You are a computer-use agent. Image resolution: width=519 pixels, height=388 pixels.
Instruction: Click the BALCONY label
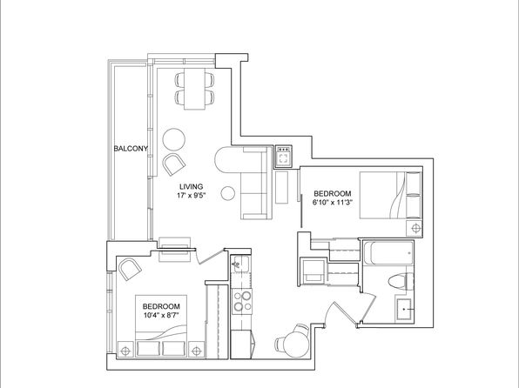click(131, 149)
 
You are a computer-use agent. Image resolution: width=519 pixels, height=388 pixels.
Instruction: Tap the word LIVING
click(191, 186)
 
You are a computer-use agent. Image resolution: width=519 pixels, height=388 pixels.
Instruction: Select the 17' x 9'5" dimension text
click(192, 196)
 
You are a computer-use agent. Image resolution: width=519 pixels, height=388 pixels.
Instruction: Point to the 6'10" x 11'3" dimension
click(332, 202)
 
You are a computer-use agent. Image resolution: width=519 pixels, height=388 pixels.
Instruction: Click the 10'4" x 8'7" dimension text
click(161, 315)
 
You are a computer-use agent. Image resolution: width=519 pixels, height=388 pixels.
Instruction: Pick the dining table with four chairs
click(194, 89)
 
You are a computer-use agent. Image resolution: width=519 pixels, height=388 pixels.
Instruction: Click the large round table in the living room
click(174, 139)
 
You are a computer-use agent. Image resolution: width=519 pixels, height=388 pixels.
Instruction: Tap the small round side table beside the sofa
click(228, 193)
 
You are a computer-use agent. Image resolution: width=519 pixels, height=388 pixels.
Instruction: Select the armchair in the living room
click(174, 164)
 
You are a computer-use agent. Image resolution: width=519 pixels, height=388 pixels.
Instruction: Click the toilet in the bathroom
click(401, 282)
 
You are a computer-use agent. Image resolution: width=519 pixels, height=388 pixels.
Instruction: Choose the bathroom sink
click(404, 310)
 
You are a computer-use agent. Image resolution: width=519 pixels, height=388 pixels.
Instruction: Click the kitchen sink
click(240, 264)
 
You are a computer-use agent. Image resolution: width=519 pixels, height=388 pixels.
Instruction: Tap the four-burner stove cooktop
click(241, 301)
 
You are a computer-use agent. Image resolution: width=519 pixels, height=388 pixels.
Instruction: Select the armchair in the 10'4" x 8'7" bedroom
click(130, 269)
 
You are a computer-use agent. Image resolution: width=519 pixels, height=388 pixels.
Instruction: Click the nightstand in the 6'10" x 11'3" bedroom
click(415, 229)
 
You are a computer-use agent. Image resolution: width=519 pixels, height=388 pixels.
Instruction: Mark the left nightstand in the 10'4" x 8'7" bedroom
click(125, 350)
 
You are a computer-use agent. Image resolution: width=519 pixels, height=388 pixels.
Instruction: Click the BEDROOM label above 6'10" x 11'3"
click(333, 193)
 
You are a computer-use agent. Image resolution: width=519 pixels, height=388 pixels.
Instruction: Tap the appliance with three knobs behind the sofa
click(283, 157)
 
